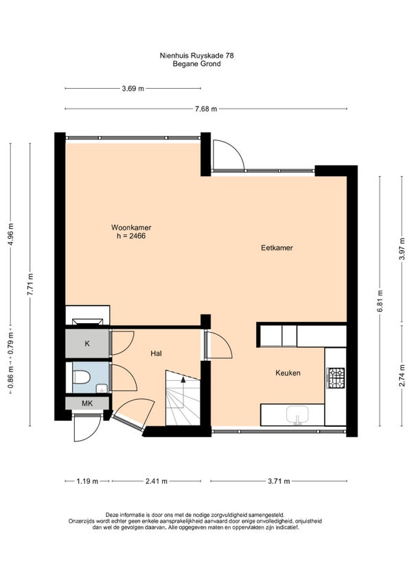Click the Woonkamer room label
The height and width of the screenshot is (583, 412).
click(x=131, y=227)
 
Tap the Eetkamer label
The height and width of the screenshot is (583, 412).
click(x=277, y=247)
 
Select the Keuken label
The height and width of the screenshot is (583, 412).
click(x=288, y=373)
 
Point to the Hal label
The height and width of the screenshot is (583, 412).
click(x=156, y=353)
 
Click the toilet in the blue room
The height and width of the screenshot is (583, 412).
click(x=82, y=377)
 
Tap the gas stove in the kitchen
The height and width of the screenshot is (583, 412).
click(x=336, y=377)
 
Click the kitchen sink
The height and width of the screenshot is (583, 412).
click(x=297, y=415)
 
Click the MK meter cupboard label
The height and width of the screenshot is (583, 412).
click(x=87, y=403)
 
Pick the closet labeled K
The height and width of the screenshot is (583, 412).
click(x=87, y=343)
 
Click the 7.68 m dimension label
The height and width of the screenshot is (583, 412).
click(x=206, y=109)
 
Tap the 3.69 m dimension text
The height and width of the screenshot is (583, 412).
click(x=133, y=89)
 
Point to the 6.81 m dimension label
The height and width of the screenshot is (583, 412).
click(x=380, y=301)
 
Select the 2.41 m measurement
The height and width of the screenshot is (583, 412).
click(x=157, y=481)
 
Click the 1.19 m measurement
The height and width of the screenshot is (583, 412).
click(x=87, y=481)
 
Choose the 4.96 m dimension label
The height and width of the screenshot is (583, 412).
click(x=10, y=234)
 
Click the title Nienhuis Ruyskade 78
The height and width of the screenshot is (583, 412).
click(x=196, y=56)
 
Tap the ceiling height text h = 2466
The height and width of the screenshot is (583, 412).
click(x=131, y=236)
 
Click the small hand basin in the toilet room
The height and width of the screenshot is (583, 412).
click(x=101, y=388)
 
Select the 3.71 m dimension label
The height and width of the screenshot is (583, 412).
click(x=279, y=481)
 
